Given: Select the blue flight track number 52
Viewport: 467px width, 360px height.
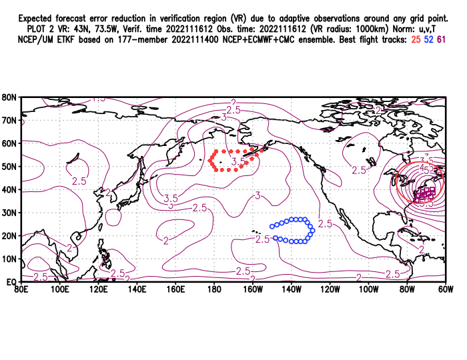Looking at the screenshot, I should (428, 41).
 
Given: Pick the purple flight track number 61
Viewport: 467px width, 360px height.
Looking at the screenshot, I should (442, 41).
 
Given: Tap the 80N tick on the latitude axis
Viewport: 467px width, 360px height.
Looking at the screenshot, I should (9, 97).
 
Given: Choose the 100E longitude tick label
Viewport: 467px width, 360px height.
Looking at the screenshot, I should (59, 289).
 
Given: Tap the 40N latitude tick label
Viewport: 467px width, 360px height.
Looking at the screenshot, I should (9, 189).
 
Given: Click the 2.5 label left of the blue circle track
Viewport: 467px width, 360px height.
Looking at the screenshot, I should (262, 239).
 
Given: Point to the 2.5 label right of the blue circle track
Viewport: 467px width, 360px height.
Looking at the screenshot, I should (325, 223).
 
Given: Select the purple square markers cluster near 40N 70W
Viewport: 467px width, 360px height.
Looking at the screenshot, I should (426, 194).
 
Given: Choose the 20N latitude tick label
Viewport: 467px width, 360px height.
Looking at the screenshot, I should (9, 235).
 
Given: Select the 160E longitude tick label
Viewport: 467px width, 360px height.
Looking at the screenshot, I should (175, 289).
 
